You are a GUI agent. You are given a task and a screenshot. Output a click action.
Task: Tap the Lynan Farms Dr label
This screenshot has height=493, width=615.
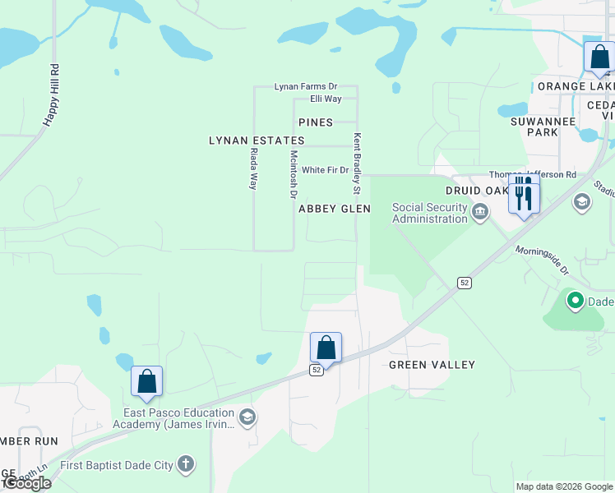pyautogui.click(x=306, y=86)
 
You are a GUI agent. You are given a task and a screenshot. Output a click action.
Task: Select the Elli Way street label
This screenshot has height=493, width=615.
pyautogui.click(x=326, y=99)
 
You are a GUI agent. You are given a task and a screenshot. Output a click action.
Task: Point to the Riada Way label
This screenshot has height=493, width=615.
pyautogui.click(x=254, y=169)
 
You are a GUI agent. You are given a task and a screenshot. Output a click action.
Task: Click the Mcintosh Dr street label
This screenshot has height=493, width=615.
pyautogui.click(x=292, y=173)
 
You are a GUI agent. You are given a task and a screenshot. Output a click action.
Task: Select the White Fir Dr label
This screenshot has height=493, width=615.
pyautogui.click(x=325, y=170)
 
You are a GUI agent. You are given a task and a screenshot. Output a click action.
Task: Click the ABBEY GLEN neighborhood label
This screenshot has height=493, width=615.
pyautogui.click(x=335, y=210)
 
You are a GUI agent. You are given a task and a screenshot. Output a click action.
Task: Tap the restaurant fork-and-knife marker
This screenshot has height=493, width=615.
pyautogui.click(x=524, y=196)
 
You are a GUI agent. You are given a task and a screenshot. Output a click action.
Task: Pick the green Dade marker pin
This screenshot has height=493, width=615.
pyautogui.click(x=575, y=302)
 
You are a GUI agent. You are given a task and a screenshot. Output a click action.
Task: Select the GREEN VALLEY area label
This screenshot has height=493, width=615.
pyautogui.click(x=432, y=365)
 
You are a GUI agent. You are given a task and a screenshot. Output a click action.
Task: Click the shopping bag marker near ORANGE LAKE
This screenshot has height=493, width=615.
pyautogui.click(x=599, y=58)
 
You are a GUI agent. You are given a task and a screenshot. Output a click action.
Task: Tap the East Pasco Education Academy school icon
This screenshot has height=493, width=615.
pyautogui.click(x=247, y=418)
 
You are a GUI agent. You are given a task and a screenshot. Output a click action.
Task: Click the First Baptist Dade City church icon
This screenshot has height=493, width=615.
pyautogui.click(x=186, y=465)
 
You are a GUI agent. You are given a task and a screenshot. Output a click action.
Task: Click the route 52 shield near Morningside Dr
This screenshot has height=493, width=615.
pyautogui.click(x=465, y=283)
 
